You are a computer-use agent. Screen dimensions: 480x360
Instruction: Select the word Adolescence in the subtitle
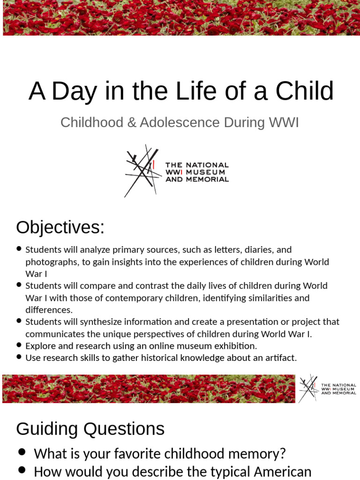[x=180, y=122]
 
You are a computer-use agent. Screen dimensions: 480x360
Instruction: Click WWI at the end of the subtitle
[x=283, y=122]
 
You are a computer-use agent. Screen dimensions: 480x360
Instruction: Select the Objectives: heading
[x=60, y=227]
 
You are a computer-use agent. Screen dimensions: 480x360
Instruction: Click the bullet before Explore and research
[x=19, y=345]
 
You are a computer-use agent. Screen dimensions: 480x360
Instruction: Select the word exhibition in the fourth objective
[x=234, y=346]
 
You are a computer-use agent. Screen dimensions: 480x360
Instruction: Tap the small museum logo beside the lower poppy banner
[x=327, y=389]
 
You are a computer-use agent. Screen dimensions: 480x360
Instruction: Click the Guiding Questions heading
[x=90, y=429]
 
